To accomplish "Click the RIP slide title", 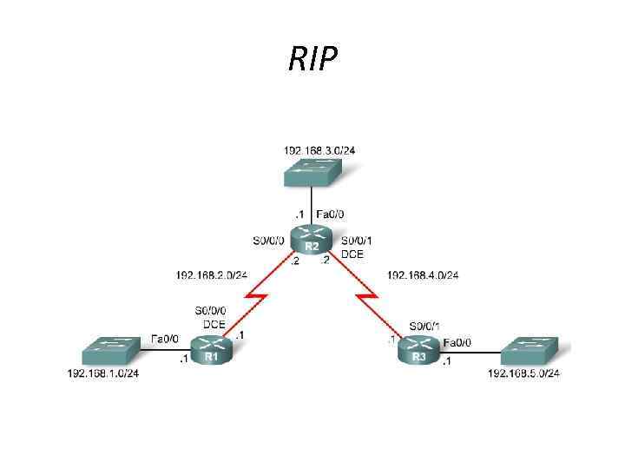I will [x=312, y=59].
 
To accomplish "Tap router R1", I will [x=211, y=351].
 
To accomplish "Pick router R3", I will [x=419, y=351].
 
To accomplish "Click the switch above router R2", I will [x=319, y=172].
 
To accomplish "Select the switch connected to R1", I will [x=110, y=350].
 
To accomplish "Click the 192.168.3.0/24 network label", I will [x=319, y=150].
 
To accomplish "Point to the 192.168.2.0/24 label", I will [x=211, y=275].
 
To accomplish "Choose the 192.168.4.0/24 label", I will [x=423, y=275].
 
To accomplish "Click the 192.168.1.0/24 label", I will [x=103, y=373].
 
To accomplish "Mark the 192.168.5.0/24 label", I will [x=523, y=373].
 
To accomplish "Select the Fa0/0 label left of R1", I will [x=165, y=338].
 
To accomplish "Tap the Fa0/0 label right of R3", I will [x=457, y=343].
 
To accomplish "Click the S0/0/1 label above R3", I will [x=425, y=325].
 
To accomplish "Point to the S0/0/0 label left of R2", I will [x=266, y=241].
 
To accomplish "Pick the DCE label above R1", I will [x=214, y=324].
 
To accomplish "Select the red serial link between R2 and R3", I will [x=370, y=300].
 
